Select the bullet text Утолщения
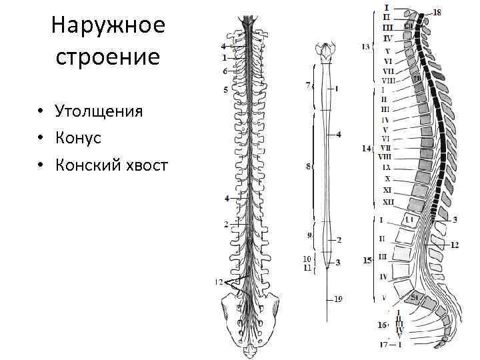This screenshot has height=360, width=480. pyautogui.click(x=99, y=111)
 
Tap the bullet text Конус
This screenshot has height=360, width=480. pyautogui.click(x=79, y=137)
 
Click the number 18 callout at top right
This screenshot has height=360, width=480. pyautogui.click(x=437, y=12)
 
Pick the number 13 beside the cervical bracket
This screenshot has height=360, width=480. pyautogui.click(x=365, y=47)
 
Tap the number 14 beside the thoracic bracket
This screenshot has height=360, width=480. pyautogui.click(x=365, y=148)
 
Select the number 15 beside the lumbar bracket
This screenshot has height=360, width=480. pyautogui.click(x=367, y=260)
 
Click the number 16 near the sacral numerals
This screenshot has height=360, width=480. pyautogui.click(x=382, y=325)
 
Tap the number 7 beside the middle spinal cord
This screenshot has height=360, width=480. pyautogui.click(x=307, y=85)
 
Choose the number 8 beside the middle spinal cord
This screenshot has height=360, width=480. pyautogui.click(x=308, y=167)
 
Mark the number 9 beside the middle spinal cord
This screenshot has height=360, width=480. pyautogui.click(x=308, y=235)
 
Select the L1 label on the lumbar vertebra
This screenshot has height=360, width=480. pyautogui.click(x=410, y=219)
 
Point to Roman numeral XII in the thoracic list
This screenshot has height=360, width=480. pyautogui.click(x=388, y=201)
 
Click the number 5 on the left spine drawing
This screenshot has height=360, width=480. pyautogui.click(x=225, y=89)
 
